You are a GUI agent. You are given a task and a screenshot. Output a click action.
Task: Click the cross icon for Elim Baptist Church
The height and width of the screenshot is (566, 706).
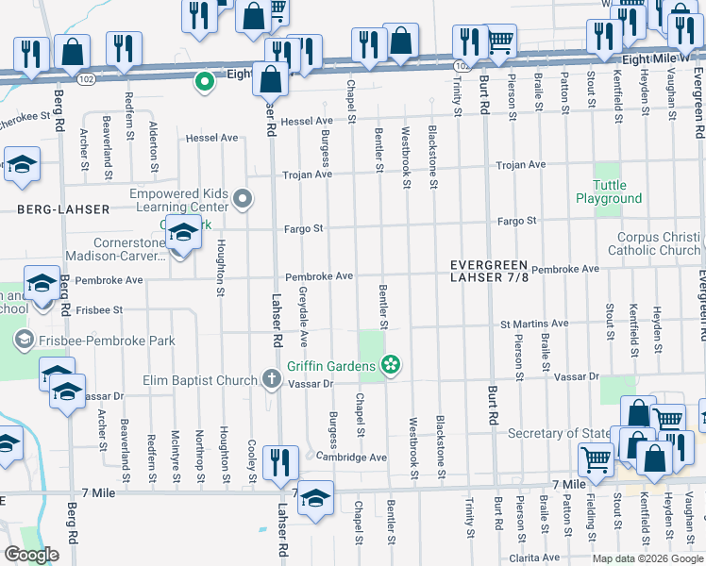pos(272,381)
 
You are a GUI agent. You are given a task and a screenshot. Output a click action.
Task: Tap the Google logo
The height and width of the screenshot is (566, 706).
pos(31,555)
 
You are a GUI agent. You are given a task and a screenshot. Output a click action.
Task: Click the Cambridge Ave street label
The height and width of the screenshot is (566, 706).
pos(352,457)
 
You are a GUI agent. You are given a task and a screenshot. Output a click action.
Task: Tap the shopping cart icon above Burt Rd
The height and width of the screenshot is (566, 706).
pos(499,39)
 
